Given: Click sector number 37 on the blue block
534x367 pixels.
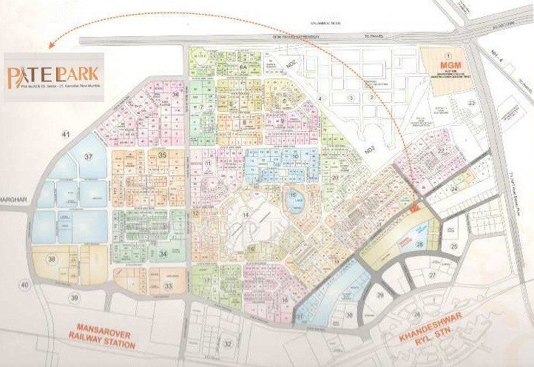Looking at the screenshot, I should (89, 157).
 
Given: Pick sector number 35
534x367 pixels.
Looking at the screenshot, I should (162, 155).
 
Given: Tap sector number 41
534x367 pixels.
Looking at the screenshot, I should (65, 134).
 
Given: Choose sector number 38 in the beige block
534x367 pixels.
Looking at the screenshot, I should (53, 259).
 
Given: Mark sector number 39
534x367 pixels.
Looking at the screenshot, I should (74, 297).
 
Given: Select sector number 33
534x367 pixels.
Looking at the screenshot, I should (169, 285).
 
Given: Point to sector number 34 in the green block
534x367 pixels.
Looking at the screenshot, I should (162, 255).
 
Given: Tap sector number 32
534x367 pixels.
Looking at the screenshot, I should (228, 344).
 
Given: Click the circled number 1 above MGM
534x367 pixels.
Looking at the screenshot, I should (446, 55).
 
